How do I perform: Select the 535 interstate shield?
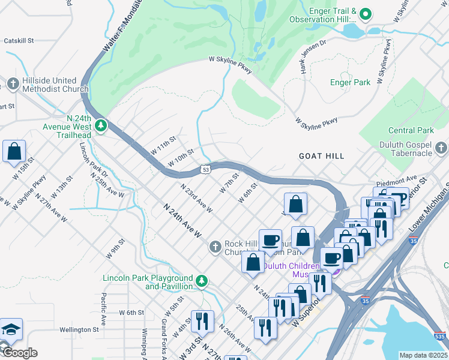pos(440,337)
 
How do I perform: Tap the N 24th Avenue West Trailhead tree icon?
pos(101,125)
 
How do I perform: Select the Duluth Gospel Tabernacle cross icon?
pos(441,147)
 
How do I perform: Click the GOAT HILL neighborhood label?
pos(322,156)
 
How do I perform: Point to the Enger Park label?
pos(351,82)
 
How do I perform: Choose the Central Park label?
pos(411,130)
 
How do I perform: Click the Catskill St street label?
pos(19,41)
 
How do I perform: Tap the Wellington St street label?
pos(79,329)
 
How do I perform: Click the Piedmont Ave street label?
pos(396,178)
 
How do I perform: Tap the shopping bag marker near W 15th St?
pos(14,152)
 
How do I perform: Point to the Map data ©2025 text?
pos(423,355)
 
